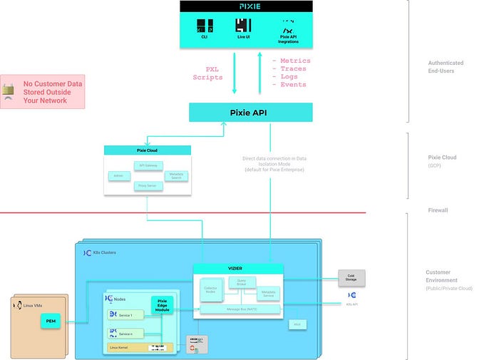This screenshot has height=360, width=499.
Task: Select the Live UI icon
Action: click(244, 27)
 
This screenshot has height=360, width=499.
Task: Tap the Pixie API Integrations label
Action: click(288, 40)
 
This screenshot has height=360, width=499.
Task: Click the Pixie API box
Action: click(250, 112)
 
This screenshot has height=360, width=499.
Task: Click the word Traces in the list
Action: click(293, 69)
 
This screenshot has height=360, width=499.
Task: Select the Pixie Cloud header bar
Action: click(148, 150)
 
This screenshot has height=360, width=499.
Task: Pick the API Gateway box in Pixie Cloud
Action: click(148, 165)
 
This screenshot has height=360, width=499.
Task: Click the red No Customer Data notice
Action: click(42, 92)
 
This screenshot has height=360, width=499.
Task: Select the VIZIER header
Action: click(238, 269)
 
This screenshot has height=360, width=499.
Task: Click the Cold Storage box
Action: click(351, 276)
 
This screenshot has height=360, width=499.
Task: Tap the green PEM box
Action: click(51, 322)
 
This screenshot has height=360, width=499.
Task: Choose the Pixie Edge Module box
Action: click(162, 305)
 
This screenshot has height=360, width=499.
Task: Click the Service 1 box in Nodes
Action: click(126, 315)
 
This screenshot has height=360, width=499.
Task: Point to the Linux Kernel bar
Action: click(140, 347)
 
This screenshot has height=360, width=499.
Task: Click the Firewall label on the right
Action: click(437, 210)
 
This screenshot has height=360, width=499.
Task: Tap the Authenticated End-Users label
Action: click(445, 67)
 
